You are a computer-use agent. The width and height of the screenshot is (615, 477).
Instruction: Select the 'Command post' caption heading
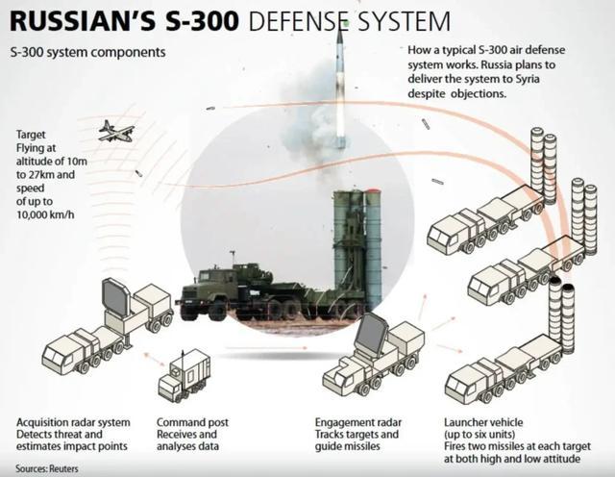pyautogui.click(x=193, y=422)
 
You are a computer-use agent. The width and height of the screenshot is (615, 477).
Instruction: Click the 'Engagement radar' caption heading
pyautogui.click(x=358, y=422)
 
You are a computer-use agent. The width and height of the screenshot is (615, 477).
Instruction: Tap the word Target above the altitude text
pyautogui.click(x=33, y=136)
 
